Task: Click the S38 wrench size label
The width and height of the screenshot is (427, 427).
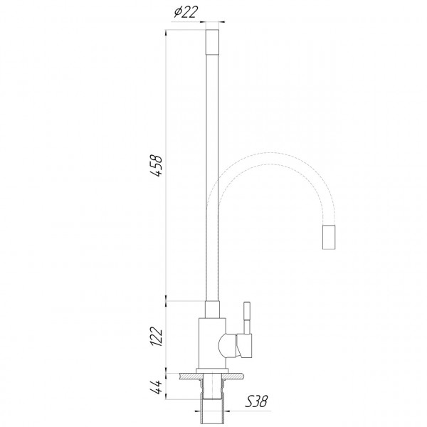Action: click(257, 402)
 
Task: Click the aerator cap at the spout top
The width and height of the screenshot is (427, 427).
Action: click(213, 42)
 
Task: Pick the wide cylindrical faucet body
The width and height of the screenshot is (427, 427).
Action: click(211, 342)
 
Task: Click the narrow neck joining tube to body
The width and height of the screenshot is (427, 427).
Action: click(213, 309)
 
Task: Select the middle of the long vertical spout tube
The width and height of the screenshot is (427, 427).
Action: click(213, 178)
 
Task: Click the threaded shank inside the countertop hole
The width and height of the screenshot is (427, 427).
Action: click(213, 388)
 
